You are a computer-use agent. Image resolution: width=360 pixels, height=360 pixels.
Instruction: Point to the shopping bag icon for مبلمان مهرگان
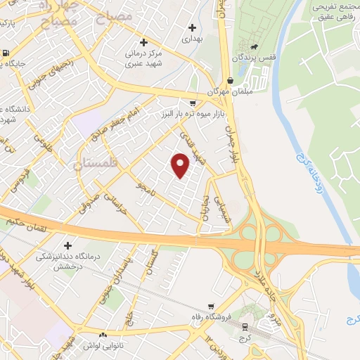click(x=231, y=80)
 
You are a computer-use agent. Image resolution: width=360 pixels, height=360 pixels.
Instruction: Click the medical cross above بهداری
click(x=192, y=28)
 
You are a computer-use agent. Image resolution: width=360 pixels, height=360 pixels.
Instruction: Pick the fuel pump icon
click(x=6, y=53)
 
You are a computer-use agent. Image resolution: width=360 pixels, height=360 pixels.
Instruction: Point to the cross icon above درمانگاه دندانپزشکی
click(x=68, y=245)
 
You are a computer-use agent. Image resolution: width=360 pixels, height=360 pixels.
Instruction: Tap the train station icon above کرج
click(x=244, y=327)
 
